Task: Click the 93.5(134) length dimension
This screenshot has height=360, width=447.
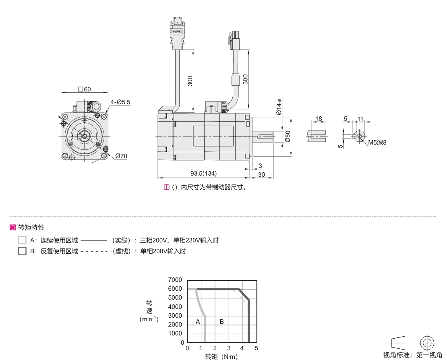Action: tap(203, 173)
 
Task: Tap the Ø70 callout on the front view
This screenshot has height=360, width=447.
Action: tap(121, 156)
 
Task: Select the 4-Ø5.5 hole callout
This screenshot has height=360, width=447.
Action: tap(120, 102)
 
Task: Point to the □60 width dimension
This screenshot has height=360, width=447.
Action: tap(85, 89)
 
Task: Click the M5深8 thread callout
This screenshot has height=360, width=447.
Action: tap(377, 143)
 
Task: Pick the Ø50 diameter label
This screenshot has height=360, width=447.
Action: tap(288, 137)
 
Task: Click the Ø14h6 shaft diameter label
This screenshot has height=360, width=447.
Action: tap(279, 107)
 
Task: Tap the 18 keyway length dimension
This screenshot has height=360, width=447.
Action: tap(319, 118)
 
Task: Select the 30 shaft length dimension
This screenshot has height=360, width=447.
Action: tap(261, 174)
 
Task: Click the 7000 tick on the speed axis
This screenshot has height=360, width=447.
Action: tap(175, 279)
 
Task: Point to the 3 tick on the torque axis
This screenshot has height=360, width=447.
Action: tap(229, 348)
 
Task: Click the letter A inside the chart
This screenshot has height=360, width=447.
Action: tap(198, 321)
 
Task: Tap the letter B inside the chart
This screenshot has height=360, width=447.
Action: tap(222, 321)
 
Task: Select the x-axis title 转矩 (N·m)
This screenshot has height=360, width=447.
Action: tap(221, 356)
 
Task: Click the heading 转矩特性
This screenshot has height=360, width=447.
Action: tap(31, 228)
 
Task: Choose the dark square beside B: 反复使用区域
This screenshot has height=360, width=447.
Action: tap(22, 251)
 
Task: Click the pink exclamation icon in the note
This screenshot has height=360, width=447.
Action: tap(167, 187)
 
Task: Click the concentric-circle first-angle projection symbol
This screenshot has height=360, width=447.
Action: tap(427, 342)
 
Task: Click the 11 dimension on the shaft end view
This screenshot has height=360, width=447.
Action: tap(360, 119)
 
